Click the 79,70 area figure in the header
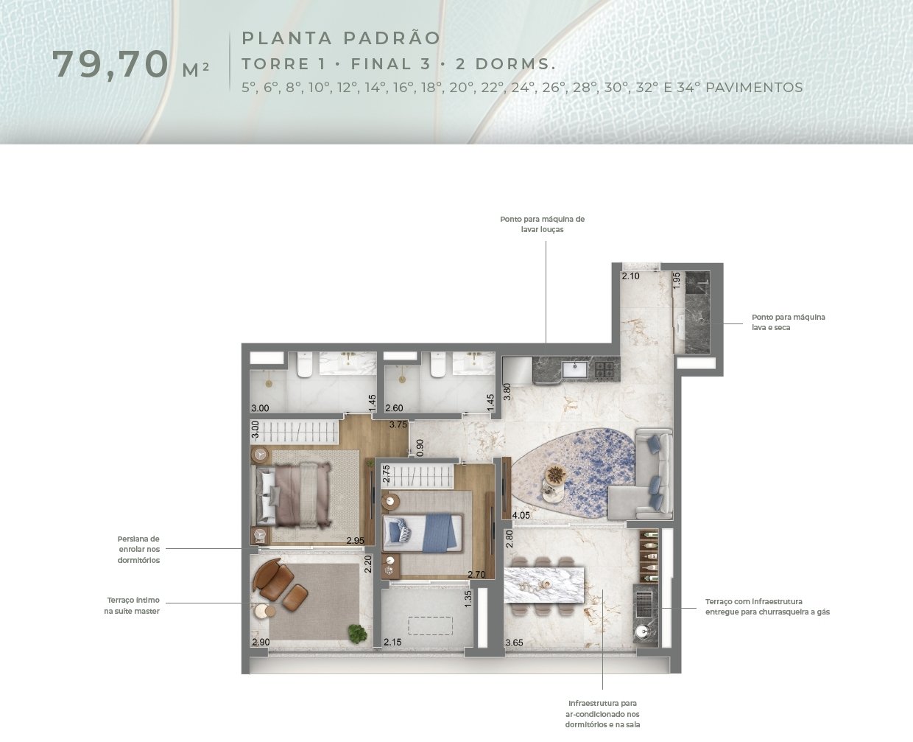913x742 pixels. pyautogui.click(x=110, y=64)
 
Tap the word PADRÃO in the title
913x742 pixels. pyautogui.click(x=392, y=38)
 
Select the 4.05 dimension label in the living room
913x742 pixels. pyautogui.click(x=521, y=515)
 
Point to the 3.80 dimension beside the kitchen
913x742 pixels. pyautogui.click(x=507, y=391)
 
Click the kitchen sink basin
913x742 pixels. pyautogui.click(x=574, y=369)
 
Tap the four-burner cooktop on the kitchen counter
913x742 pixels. pyautogui.click(x=604, y=370)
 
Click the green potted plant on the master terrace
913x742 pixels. pyautogui.click(x=357, y=634)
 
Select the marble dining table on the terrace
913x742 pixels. pyautogui.click(x=544, y=585)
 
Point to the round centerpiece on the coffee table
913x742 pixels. pyautogui.click(x=556, y=475)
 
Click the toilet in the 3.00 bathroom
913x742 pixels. pyautogui.click(x=305, y=365)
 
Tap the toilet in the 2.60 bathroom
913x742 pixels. pyautogui.click(x=438, y=365)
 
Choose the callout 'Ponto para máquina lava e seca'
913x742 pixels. pyautogui.click(x=789, y=322)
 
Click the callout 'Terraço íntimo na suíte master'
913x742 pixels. pyautogui.click(x=132, y=606)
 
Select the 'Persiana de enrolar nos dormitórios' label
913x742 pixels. pyautogui.click(x=138, y=550)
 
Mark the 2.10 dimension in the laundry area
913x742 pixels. pyautogui.click(x=630, y=276)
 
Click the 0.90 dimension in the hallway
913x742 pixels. pyautogui.click(x=420, y=448)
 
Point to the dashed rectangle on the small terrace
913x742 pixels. pyautogui.click(x=430, y=626)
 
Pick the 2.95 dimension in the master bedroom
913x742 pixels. pyautogui.click(x=356, y=540)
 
